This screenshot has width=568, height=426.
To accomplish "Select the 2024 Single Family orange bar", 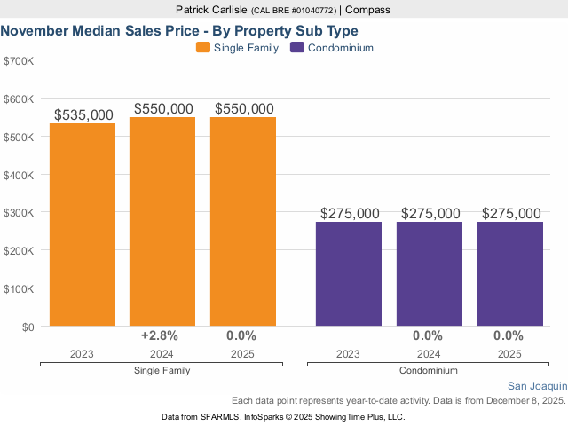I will click(162, 222).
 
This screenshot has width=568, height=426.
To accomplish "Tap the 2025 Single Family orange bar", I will click(243, 222).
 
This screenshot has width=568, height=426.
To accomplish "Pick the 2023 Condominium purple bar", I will click(349, 274).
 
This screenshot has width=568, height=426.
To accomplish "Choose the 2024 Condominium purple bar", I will click(430, 274).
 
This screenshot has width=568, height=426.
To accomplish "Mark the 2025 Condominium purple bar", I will click(510, 274).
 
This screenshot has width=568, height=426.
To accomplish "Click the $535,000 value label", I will click(83, 115).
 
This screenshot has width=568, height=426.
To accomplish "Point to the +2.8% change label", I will click(161, 335).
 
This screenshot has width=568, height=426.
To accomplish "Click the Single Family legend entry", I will click(238, 48).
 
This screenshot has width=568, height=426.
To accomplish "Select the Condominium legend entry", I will click(340, 48).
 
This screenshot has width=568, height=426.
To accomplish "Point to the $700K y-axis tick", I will click(19, 61).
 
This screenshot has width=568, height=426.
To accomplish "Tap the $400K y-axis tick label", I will click(19, 175).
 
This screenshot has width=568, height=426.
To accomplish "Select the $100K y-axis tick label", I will click(19, 288).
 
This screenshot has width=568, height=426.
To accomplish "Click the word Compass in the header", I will click(367, 10).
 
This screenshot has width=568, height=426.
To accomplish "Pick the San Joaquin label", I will click(537, 386).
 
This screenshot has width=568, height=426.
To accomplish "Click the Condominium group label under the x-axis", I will click(429, 370).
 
